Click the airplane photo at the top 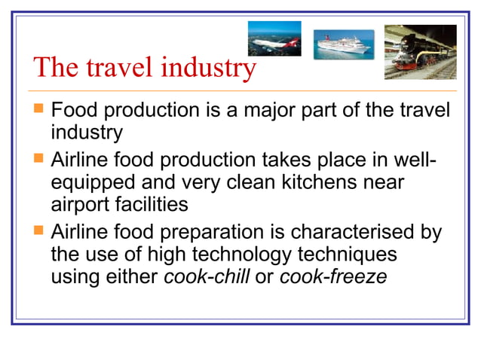pyautogui.click(x=274, y=38)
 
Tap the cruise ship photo pyautogui.click(x=343, y=44)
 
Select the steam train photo pyautogui.click(x=420, y=51)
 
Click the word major pyautogui.click(x=278, y=111)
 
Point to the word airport pyautogui.click(x=81, y=205)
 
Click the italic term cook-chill pyautogui.click(x=206, y=276)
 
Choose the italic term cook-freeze pyautogui.click(x=333, y=276)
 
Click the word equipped pyautogui.click(x=97, y=183)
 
